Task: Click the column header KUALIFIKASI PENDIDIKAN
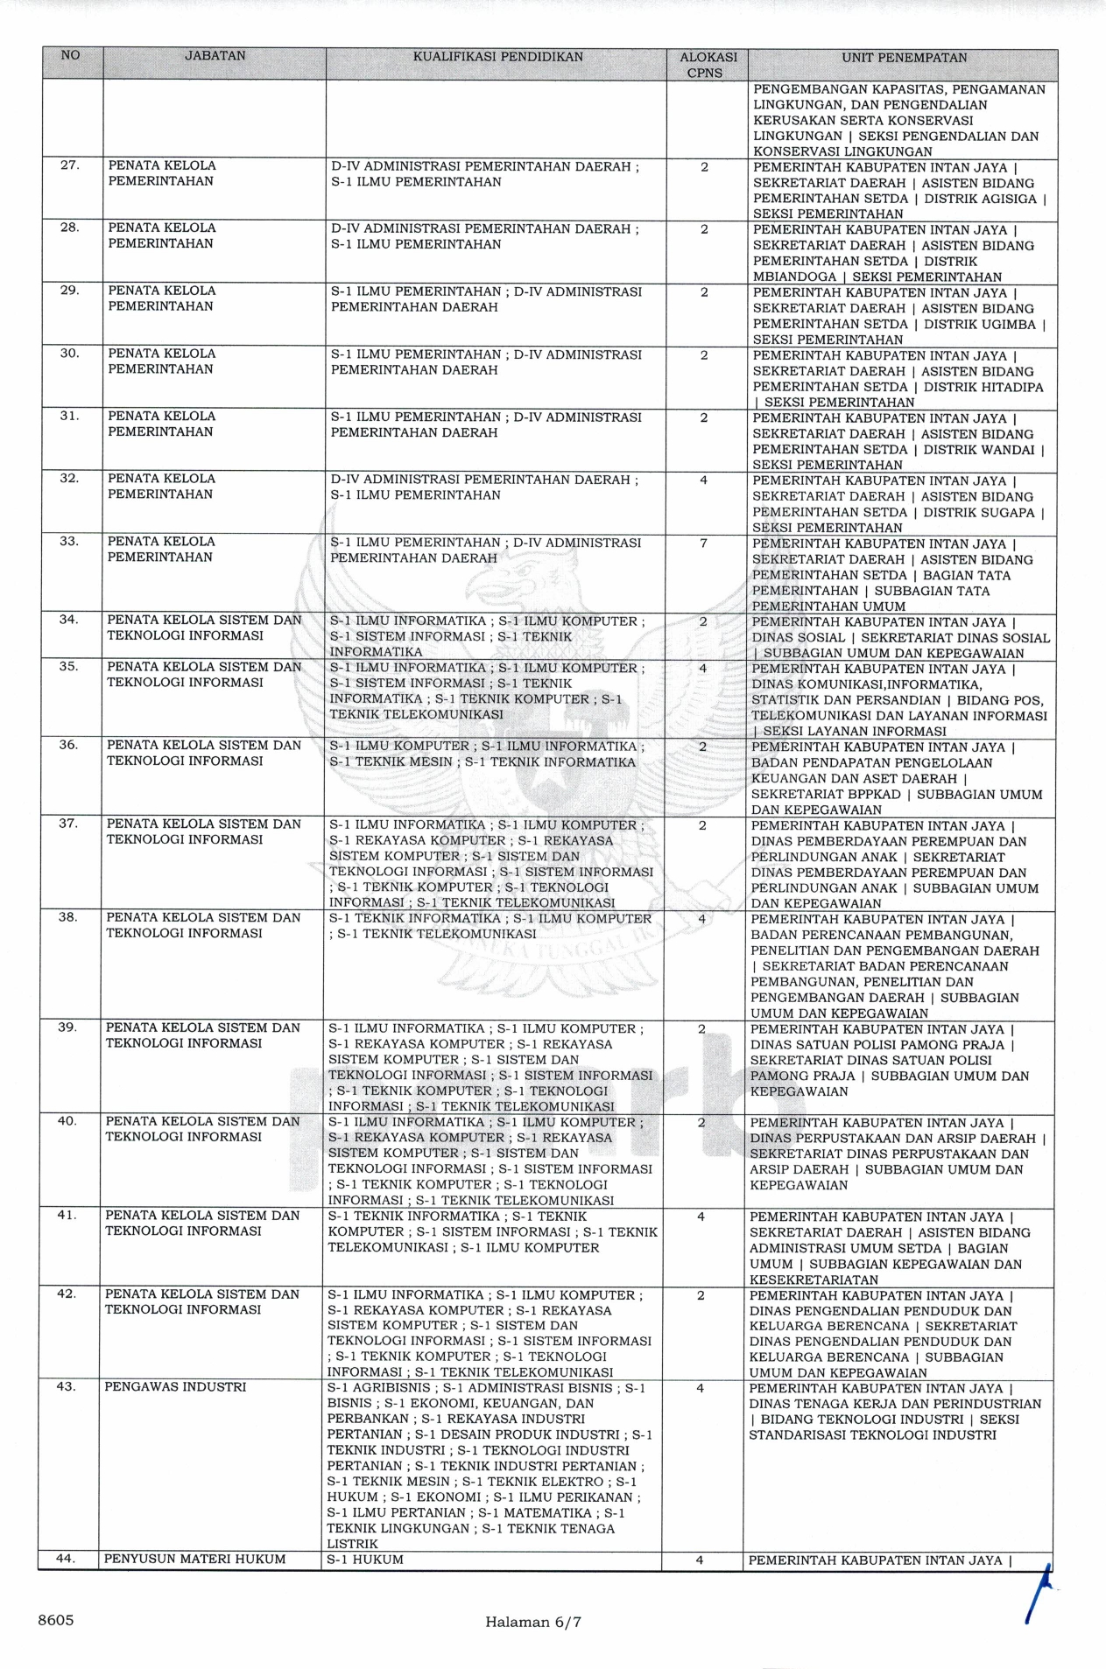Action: [497, 58]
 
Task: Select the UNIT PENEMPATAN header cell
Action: [904, 58]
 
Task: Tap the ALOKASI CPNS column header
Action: [708, 65]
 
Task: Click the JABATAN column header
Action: [215, 56]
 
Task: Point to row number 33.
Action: [70, 542]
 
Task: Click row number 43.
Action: [67, 1387]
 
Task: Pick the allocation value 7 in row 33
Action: [703, 543]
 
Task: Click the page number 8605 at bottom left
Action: [55, 1620]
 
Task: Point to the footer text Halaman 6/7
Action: [533, 1622]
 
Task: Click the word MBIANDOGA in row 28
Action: [788, 277]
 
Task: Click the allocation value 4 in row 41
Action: [701, 1217]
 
